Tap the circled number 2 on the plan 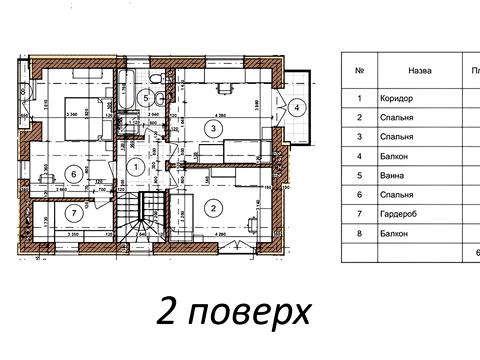click(212, 208)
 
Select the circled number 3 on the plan click(212, 128)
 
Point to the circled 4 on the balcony click(298, 108)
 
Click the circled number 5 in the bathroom click(146, 98)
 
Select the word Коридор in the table click(396, 100)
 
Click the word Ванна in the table click(392, 173)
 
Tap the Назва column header click(419, 71)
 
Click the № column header click(359, 71)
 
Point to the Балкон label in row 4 click(394, 155)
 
